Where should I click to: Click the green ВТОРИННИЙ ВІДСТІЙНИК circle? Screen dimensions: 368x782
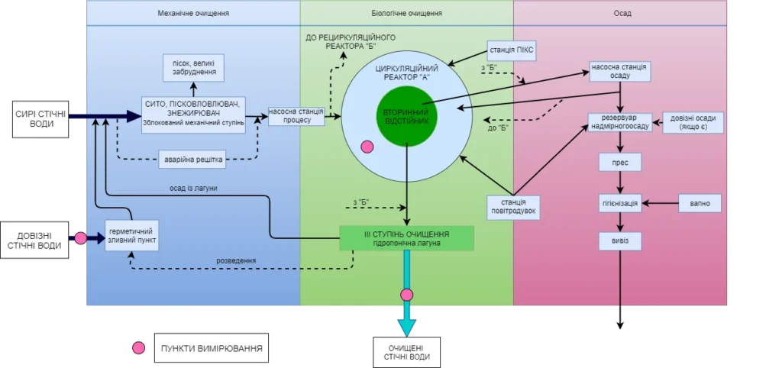[x=406, y=117]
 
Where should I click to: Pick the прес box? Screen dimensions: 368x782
[x=619, y=163]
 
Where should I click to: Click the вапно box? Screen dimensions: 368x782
[x=700, y=203]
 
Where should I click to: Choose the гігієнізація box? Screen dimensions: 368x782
[x=619, y=203]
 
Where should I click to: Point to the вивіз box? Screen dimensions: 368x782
[x=619, y=242]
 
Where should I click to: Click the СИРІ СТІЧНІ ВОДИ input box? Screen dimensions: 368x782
[x=34, y=118]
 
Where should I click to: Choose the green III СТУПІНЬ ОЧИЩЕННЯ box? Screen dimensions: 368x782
[x=406, y=237]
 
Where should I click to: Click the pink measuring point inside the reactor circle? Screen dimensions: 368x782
[x=367, y=147]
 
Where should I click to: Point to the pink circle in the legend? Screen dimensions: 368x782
[x=138, y=349]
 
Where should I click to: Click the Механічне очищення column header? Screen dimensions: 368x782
[x=193, y=14]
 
